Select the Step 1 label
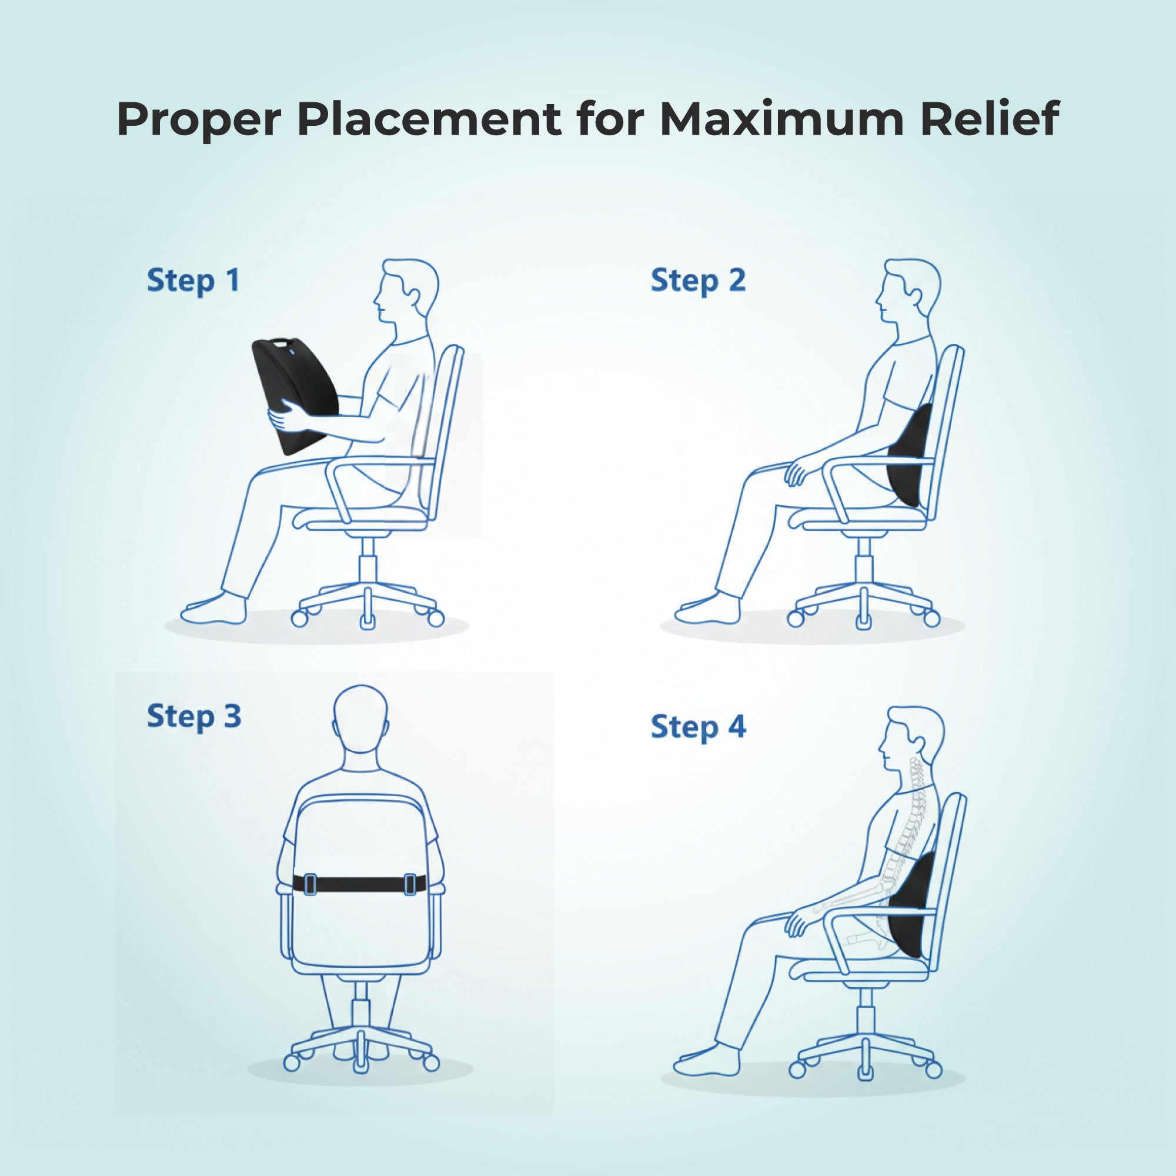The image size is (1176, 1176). tap(193, 281)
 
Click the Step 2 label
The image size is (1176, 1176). tap(697, 281)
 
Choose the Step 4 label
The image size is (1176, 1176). tap(697, 727)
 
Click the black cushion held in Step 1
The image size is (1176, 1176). tap(292, 390)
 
